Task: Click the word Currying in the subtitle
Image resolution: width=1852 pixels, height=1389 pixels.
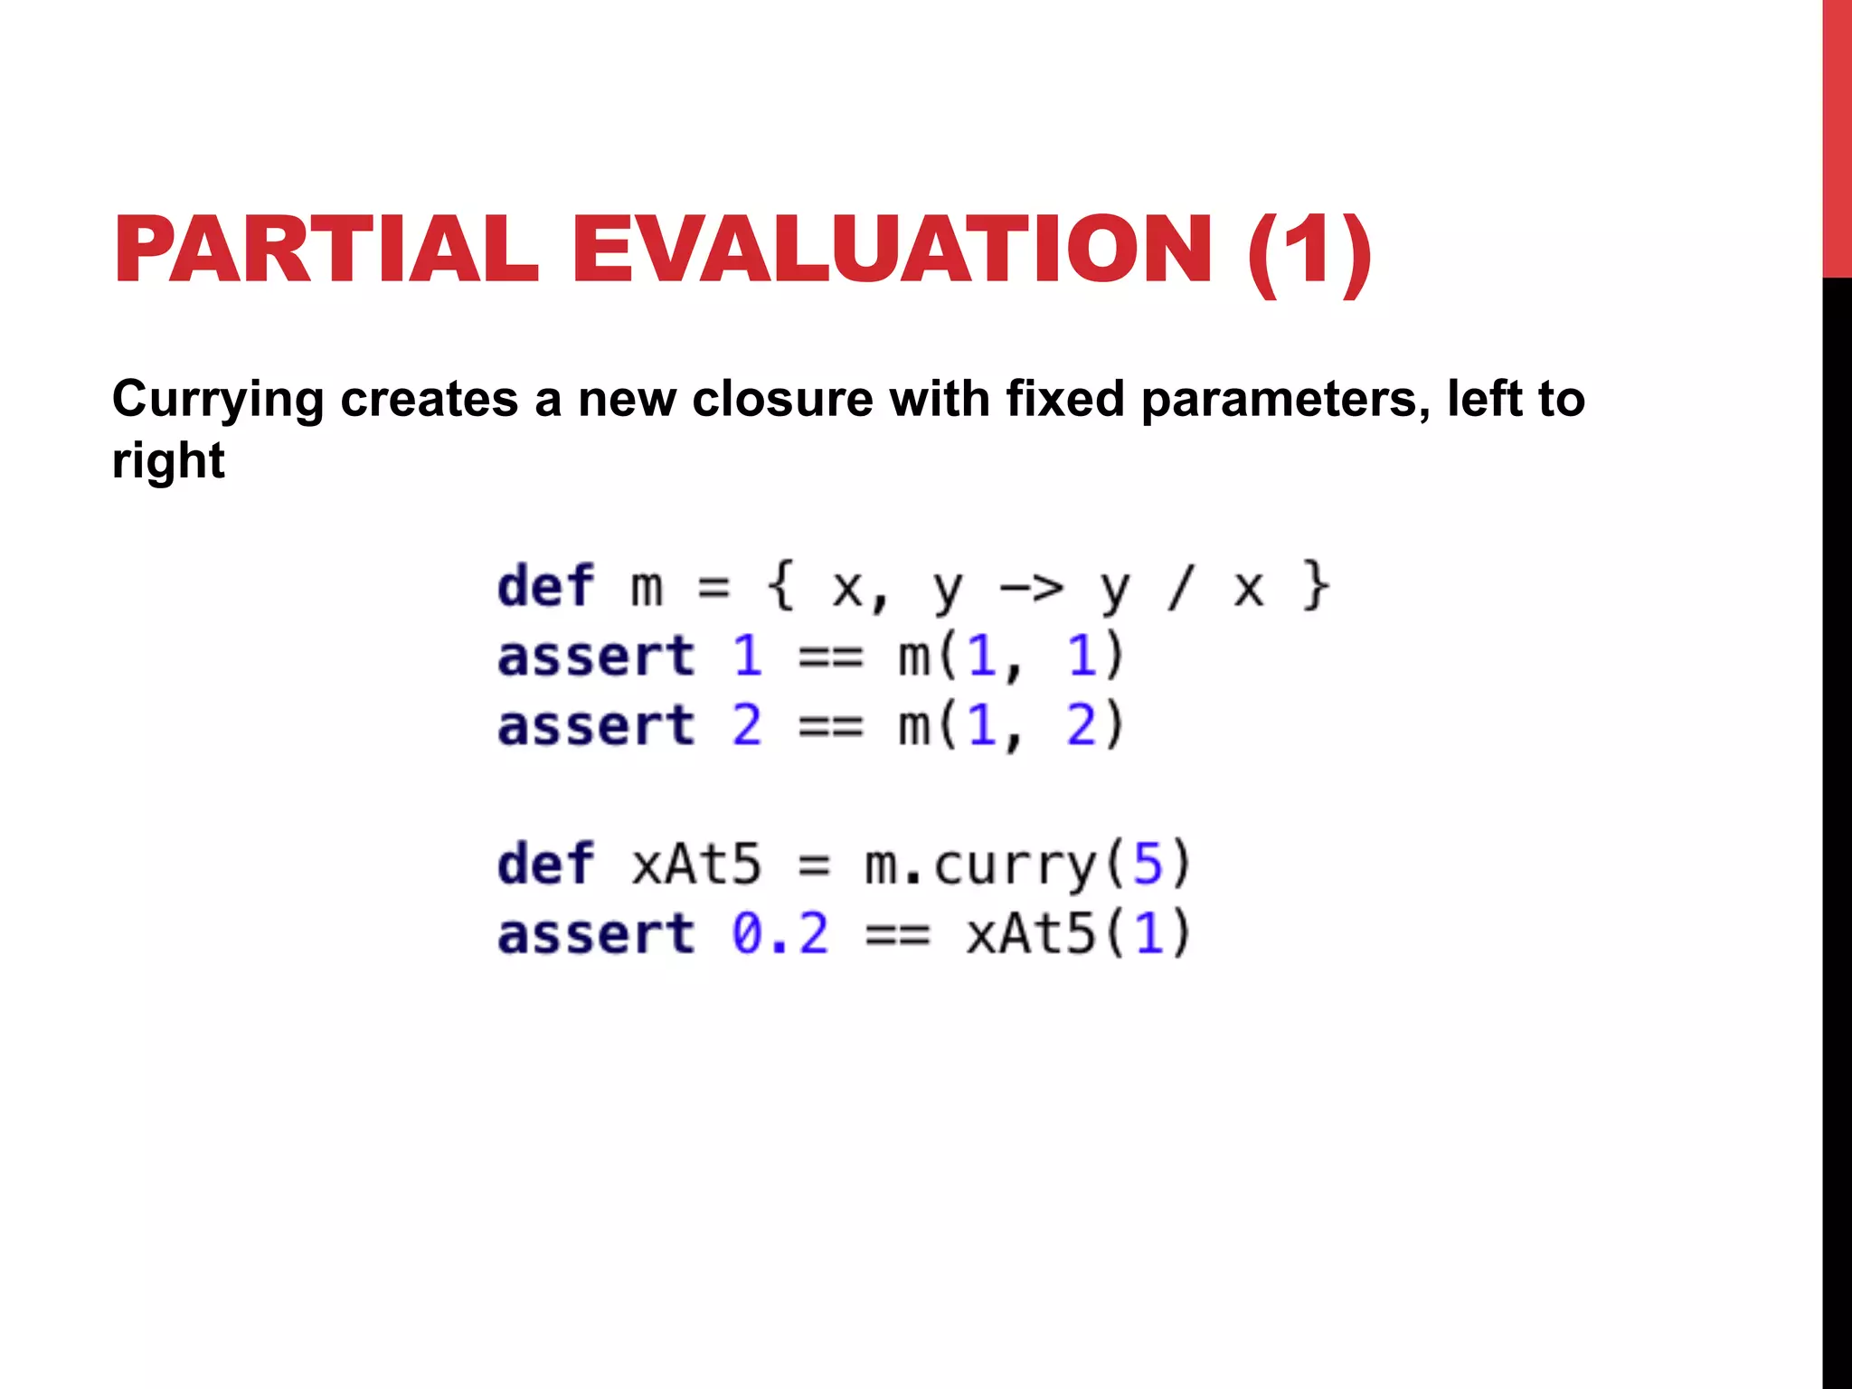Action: pos(218,400)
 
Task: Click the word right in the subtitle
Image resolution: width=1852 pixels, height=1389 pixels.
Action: pos(168,460)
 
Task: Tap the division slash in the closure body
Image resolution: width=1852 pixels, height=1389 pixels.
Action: pos(1180,588)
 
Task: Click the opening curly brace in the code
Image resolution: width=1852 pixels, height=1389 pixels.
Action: pos(780,588)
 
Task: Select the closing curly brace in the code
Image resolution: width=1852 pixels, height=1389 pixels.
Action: pos(1316,588)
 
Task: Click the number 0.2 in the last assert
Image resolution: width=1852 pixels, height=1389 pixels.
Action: pos(780,934)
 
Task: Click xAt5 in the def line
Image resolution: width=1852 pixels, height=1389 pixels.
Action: pos(696,865)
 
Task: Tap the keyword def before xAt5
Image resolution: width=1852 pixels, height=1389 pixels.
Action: pos(545,865)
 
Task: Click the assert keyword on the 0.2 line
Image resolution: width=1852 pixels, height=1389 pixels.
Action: pos(596,934)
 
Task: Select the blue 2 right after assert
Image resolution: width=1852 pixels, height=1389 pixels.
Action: pos(747,726)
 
